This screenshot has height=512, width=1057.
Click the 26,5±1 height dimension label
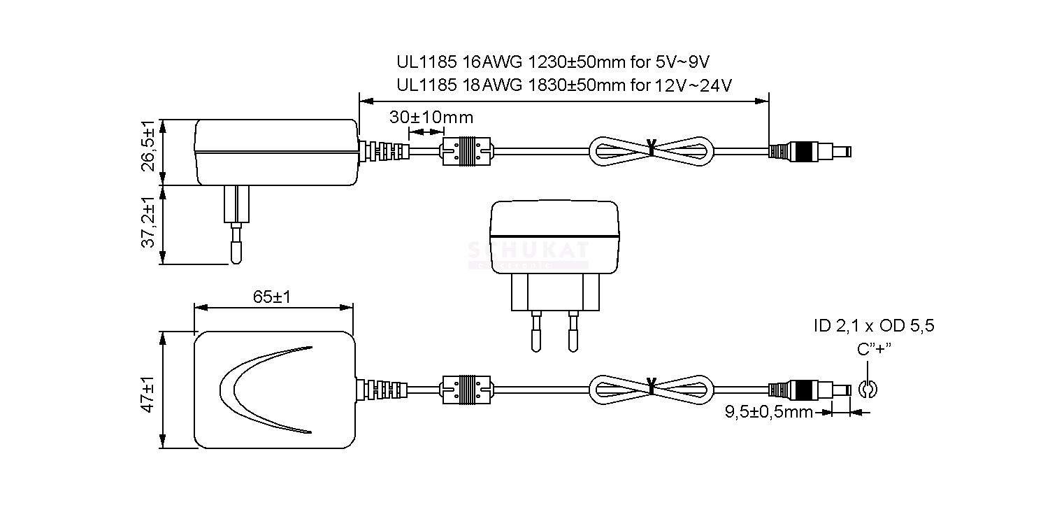tap(149, 146)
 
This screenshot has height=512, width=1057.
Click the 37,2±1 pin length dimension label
tap(149, 223)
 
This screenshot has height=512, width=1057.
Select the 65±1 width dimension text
tap(272, 297)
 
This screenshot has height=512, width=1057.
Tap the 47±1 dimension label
tap(148, 394)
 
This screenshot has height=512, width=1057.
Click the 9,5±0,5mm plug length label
tap(769, 412)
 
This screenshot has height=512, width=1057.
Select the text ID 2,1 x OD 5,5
tap(874, 326)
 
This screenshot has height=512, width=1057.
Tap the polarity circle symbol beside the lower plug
tap(868, 389)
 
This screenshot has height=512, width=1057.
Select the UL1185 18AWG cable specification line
tap(564, 85)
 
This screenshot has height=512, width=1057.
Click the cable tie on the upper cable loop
tap(652, 147)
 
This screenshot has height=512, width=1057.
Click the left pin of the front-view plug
tap(536, 332)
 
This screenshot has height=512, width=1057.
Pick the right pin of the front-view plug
tap(574, 332)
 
